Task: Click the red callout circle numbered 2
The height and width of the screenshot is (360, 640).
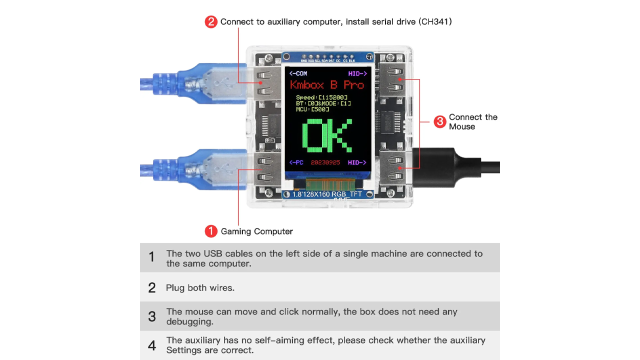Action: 211,22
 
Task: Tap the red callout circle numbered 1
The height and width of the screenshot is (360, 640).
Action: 211,231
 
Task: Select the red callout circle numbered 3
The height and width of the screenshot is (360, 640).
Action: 439,121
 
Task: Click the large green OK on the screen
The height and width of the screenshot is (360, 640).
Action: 327,135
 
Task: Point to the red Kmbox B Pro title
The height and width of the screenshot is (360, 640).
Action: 327,84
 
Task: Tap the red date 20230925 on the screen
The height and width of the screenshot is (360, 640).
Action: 325,162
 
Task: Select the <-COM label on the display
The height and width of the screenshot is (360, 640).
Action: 298,73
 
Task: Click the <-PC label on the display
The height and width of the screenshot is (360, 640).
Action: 296,162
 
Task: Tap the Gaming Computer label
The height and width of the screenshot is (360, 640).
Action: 257,231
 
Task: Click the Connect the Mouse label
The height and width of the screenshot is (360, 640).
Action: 472,121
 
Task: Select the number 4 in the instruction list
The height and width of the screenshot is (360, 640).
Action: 152,345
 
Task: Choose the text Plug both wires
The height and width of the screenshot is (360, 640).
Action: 200,287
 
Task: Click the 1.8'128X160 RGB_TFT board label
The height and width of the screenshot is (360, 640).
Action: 327,194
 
